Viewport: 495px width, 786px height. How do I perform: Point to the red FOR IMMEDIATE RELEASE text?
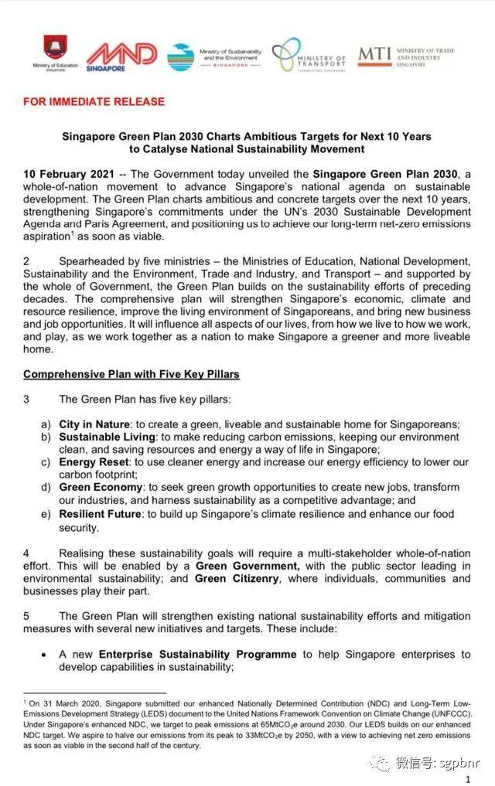point(94,101)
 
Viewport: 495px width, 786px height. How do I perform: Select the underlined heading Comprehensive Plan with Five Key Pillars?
point(131,374)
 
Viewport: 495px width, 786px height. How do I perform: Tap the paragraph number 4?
point(26,553)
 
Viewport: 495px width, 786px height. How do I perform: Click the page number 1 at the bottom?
point(468,780)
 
